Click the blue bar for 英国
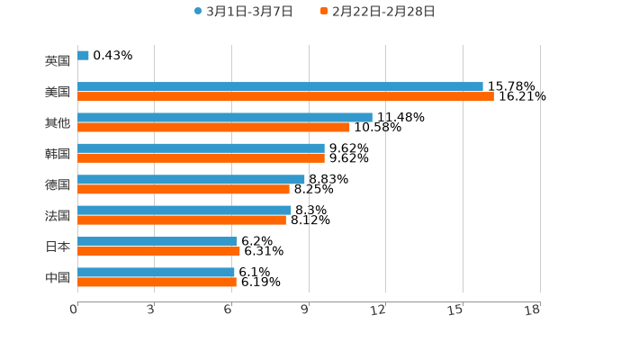tap(83, 56)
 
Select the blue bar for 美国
tap(280, 87)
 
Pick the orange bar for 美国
tap(285, 97)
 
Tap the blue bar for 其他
tap(225, 118)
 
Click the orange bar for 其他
tap(213, 128)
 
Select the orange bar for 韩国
tap(201, 158)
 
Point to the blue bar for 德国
tap(191, 179)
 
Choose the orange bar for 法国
tap(182, 220)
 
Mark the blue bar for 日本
tap(157, 241)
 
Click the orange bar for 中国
tap(157, 283)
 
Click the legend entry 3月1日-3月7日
tap(243, 12)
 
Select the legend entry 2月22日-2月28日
tap(377, 12)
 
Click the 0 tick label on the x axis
tap(74, 310)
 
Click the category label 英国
tap(58, 61)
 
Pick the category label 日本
tap(58, 247)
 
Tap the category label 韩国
tap(58, 154)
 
